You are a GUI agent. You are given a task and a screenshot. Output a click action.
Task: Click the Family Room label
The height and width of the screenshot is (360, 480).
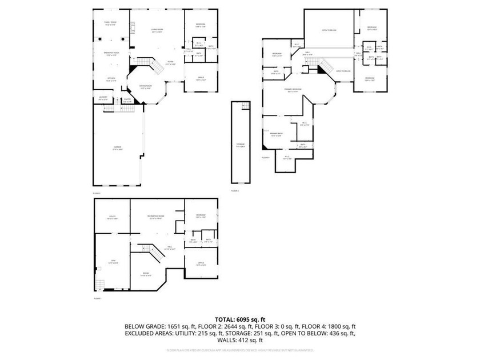[111, 22]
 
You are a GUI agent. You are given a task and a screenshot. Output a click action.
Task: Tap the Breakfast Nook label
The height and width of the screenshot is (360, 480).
[111, 53]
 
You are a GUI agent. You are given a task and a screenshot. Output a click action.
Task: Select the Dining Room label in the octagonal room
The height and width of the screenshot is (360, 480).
[146, 86]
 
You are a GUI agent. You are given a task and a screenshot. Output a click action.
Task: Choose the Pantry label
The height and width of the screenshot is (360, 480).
[128, 100]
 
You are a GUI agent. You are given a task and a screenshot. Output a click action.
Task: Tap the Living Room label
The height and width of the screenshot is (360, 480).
[157, 30]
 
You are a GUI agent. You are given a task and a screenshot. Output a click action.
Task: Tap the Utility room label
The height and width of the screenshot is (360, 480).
[113, 216]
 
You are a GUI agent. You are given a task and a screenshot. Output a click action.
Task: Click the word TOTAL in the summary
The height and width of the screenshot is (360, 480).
[225, 319]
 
